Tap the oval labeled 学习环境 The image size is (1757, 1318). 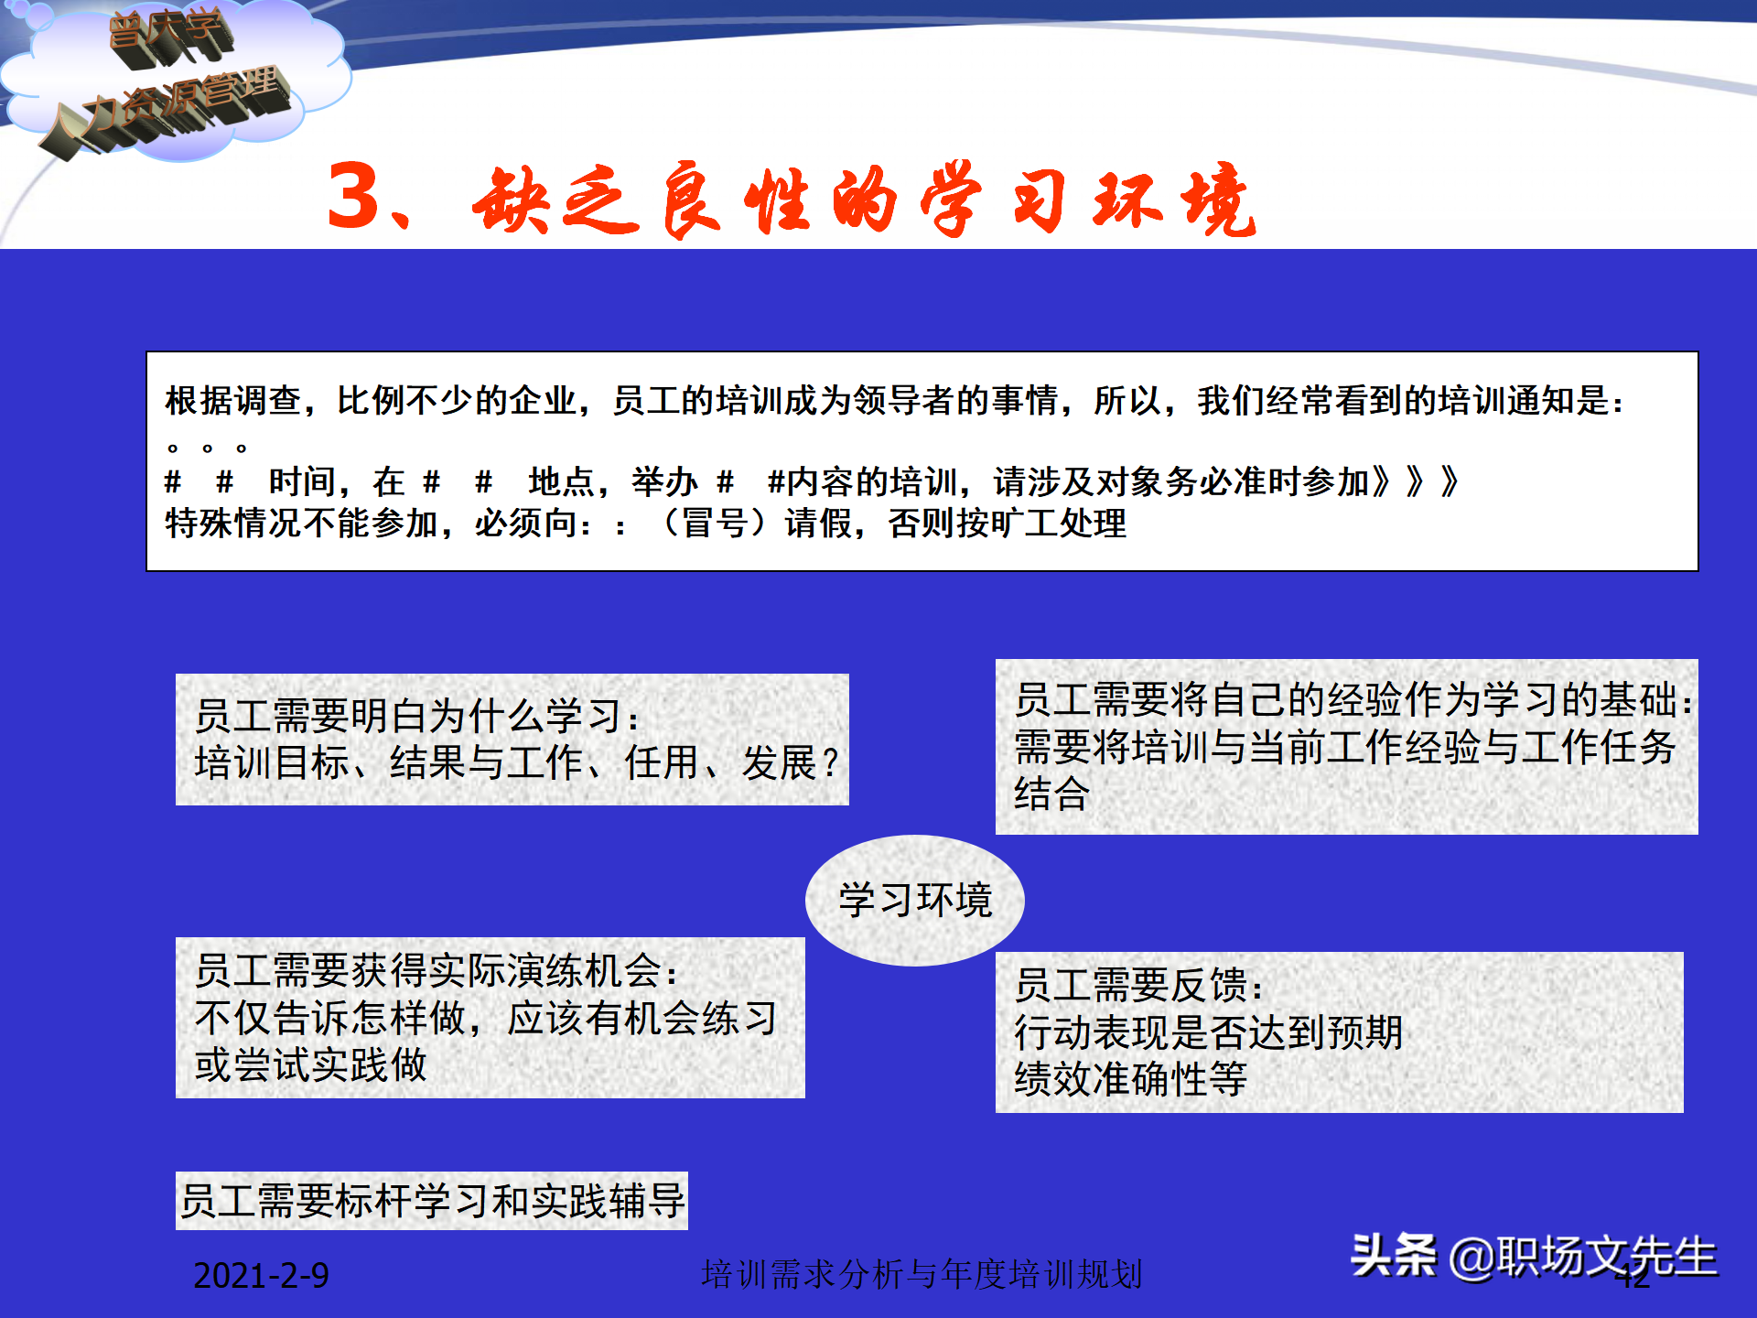914,900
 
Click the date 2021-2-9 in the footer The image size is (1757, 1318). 261,1275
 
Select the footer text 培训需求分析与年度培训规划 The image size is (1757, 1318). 922,1274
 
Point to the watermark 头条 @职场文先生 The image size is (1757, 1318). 1534,1256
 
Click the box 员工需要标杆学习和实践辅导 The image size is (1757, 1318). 432,1201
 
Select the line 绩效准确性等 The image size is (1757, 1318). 1130,1079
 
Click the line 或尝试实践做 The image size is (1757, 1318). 310,1064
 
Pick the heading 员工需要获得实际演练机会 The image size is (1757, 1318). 436,971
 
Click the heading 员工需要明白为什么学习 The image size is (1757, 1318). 416,717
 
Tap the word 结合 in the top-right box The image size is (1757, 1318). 1051,794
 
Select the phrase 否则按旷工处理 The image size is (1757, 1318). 1007,524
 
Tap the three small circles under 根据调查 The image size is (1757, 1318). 207,448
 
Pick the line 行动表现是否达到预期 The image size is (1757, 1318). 1208,1032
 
